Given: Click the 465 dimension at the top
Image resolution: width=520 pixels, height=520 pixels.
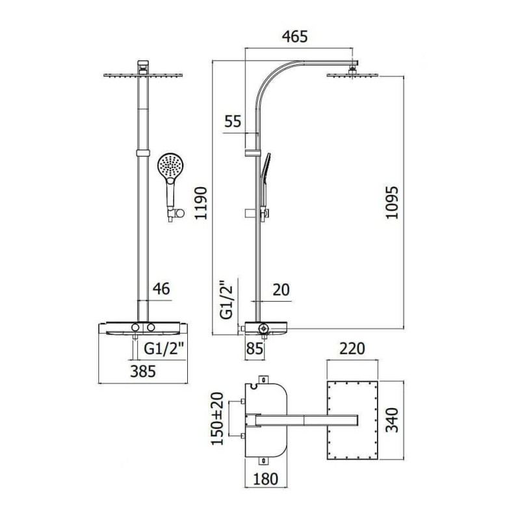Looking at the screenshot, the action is [x=295, y=36].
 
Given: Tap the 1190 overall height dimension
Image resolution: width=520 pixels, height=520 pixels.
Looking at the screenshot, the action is [x=201, y=203].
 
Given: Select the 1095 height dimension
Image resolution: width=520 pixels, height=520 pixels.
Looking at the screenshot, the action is [x=392, y=202].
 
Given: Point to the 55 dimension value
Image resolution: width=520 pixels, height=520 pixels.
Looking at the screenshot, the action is [x=233, y=122].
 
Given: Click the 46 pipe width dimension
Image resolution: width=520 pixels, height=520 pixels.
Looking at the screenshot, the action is [x=161, y=289].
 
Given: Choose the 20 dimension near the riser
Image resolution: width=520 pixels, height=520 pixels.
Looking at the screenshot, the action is [x=281, y=289].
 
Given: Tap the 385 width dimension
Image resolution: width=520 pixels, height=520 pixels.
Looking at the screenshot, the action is [x=143, y=371].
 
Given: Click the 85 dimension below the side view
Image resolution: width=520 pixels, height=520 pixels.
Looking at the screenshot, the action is [x=255, y=348].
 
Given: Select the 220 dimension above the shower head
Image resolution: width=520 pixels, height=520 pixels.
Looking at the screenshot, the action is [x=352, y=348].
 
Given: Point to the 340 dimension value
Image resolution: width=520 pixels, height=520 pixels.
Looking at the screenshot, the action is [x=393, y=420].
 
